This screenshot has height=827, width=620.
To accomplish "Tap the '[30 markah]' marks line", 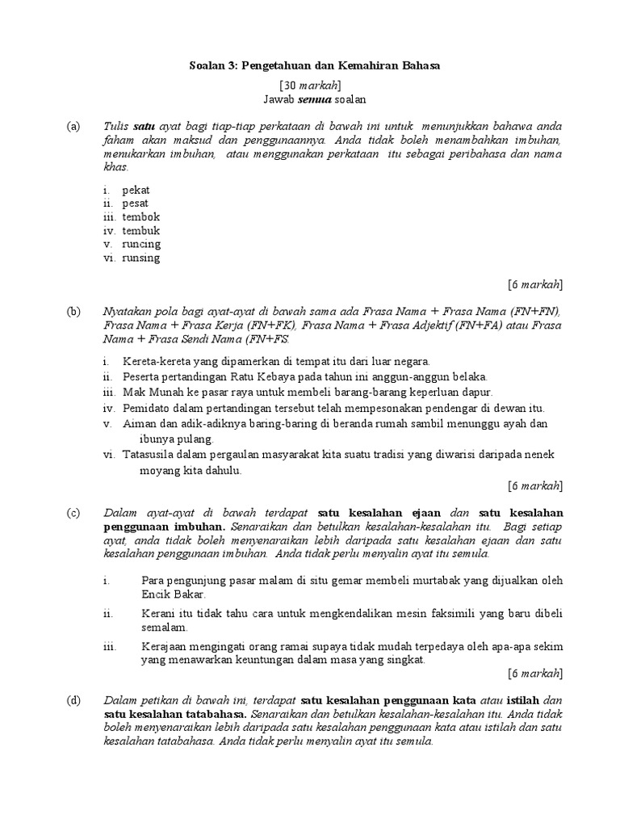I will click(310, 85).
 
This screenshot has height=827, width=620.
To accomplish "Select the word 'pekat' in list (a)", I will click(136, 190).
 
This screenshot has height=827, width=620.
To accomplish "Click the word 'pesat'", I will click(136, 204).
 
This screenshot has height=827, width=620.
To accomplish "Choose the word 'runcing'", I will click(141, 244).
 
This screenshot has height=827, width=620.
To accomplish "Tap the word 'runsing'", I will click(141, 258).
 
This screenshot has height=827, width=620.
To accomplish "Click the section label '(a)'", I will click(74, 128).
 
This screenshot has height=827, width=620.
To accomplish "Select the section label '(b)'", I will click(74, 312).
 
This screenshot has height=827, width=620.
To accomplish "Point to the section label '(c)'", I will click(74, 513).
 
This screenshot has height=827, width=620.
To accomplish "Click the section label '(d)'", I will click(74, 699).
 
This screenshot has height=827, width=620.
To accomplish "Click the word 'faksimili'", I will click(446, 614).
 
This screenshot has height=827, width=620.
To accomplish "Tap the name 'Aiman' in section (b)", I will click(139, 424).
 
